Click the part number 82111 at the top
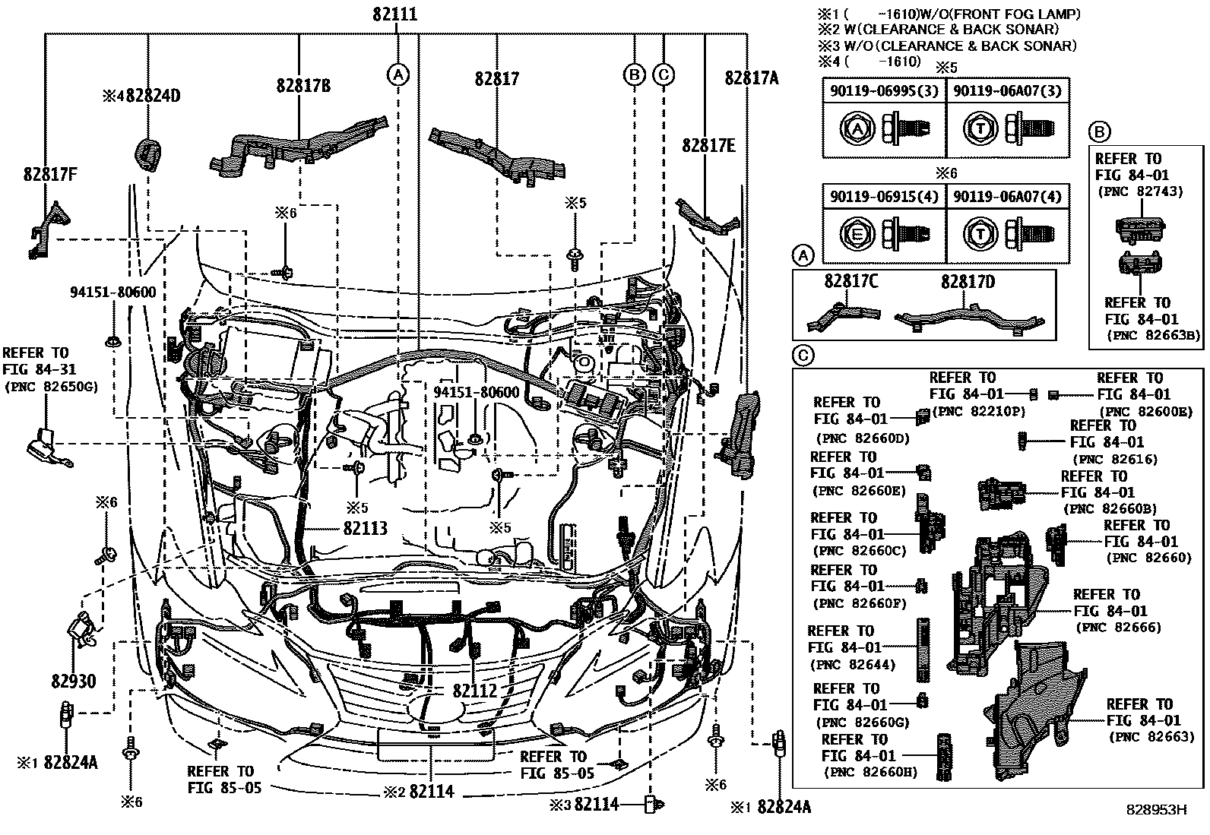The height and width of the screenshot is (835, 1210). tap(394, 14)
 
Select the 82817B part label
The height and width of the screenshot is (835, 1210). tap(303, 86)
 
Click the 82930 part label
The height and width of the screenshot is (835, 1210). tap(74, 681)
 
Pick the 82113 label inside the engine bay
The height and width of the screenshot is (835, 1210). tap(365, 528)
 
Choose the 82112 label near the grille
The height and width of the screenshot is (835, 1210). tap(474, 691)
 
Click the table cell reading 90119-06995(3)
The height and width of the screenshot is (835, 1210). tap(884, 90)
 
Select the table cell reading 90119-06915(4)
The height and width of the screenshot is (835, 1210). tap(884, 196)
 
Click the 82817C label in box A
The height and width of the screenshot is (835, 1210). tap(851, 282)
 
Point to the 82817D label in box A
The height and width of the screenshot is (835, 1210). tap(968, 282)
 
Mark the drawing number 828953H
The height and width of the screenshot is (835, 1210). tap(1156, 810)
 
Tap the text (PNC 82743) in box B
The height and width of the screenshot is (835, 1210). tap(1139, 191)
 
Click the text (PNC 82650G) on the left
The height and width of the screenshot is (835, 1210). tap(52, 387)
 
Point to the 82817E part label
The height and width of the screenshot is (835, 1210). tap(708, 146)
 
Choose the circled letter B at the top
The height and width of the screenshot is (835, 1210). tap(634, 74)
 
